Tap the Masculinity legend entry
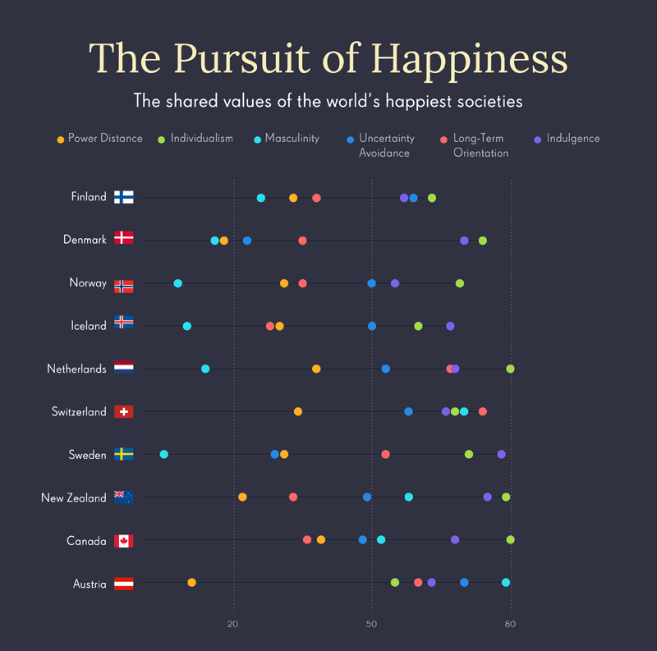click(x=291, y=138)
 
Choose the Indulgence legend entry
click(x=572, y=138)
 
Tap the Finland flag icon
click(x=124, y=197)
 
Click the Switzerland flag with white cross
click(x=124, y=411)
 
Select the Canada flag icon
click(x=124, y=541)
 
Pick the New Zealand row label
click(x=74, y=497)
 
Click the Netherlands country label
click(x=76, y=369)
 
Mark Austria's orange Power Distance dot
click(x=191, y=582)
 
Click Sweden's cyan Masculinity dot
click(x=164, y=454)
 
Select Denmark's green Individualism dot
click(x=483, y=241)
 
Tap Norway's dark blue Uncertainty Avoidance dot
click(x=371, y=283)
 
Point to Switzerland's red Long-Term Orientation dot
click(x=483, y=411)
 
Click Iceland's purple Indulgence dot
click(x=450, y=326)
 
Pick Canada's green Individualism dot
click(x=511, y=539)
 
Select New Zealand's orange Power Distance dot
click(x=242, y=497)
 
